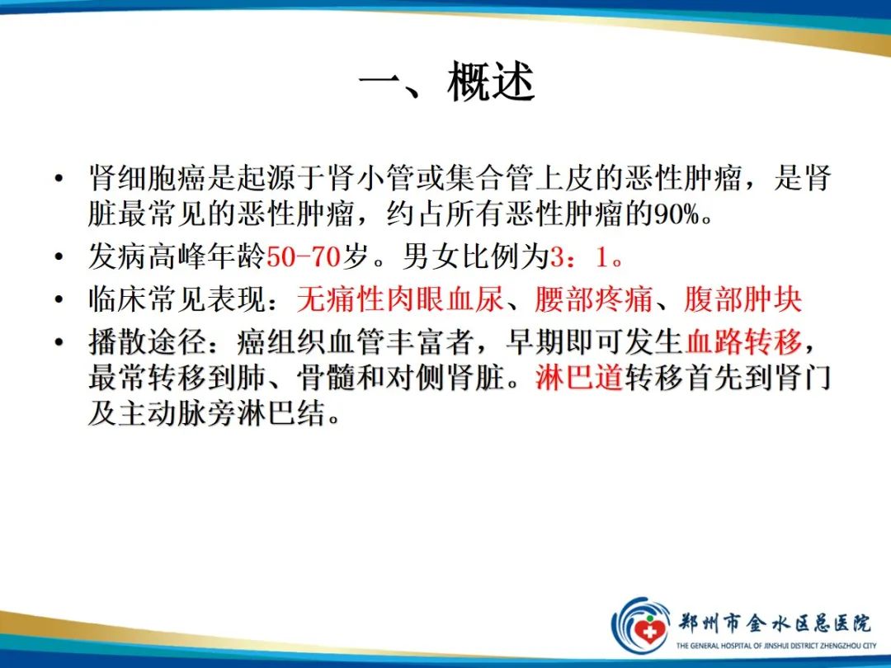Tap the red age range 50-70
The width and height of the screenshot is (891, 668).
tap(304, 258)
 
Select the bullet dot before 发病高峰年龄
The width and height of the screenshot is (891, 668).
tap(58, 259)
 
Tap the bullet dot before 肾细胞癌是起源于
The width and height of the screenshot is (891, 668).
tap(58, 179)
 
